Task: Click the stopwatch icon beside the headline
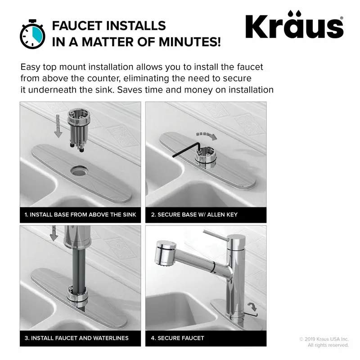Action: pos(32,34)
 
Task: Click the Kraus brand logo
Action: pos(295,25)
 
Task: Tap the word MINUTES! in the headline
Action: pos(189,42)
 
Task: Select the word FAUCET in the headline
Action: pos(77,26)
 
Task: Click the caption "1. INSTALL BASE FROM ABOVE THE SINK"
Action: pos(81,215)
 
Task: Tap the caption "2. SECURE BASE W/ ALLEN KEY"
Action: pos(194,215)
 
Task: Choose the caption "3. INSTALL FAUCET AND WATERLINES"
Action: pos(76,338)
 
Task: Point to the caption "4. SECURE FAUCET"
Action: pos(177,338)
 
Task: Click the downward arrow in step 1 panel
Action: pos(58,126)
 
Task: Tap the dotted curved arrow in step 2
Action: pos(207,135)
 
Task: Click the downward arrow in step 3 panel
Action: pos(54,233)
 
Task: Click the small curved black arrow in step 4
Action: pos(252,307)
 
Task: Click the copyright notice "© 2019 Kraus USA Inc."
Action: pos(324,339)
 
